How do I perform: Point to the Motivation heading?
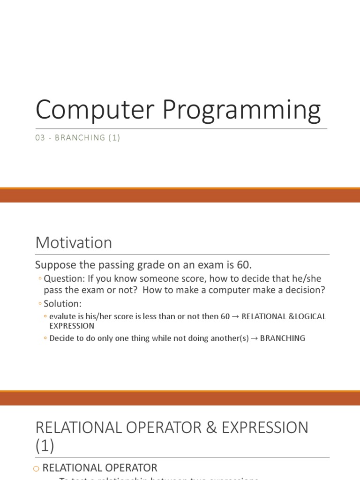click(x=74, y=243)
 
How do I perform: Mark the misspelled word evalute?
click(x=63, y=316)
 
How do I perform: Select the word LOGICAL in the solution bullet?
click(x=308, y=316)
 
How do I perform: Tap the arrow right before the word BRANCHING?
click(x=253, y=338)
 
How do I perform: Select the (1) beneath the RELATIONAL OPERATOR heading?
click(x=45, y=446)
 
